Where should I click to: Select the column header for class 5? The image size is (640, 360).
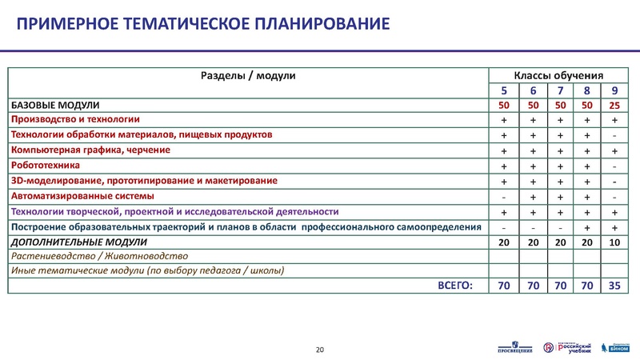click(x=504, y=90)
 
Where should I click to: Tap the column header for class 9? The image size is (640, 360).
click(x=614, y=90)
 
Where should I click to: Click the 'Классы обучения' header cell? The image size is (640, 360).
click(x=558, y=75)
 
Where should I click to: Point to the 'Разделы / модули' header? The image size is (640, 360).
click(x=248, y=75)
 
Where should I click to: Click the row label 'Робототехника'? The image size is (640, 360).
click(x=46, y=166)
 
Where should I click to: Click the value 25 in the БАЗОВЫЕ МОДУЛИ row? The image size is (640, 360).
click(x=614, y=105)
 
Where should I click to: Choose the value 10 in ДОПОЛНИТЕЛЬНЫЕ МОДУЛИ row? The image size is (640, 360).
click(x=614, y=242)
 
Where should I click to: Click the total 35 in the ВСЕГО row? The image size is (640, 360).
click(x=614, y=285)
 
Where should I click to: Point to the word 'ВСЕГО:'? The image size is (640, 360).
click(x=455, y=285)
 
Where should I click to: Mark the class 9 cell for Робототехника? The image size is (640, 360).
click(x=614, y=166)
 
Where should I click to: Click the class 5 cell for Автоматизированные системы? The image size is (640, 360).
click(x=504, y=196)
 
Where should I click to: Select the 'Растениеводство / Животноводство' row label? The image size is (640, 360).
click(x=99, y=256)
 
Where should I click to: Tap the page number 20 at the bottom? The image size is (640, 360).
click(x=320, y=349)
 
